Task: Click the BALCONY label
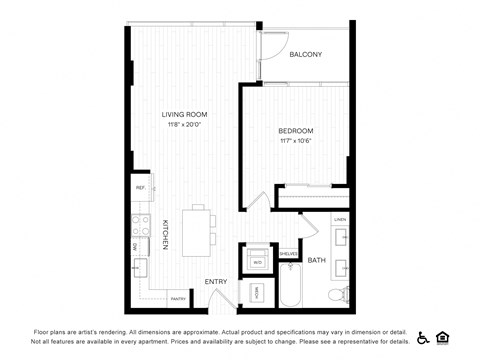click(305, 54)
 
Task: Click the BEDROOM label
click(296, 131)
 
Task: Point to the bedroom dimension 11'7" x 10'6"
click(296, 141)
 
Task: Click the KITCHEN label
click(166, 235)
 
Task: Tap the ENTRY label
click(215, 282)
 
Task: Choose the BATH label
click(316, 260)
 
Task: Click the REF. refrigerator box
click(140, 188)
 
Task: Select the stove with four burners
click(140, 225)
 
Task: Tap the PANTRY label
click(178, 298)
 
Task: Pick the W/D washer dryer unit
click(257, 260)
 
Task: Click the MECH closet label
click(256, 293)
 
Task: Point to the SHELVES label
click(288, 254)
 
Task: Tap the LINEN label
click(340, 219)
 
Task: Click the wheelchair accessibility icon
click(422, 337)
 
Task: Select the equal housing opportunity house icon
click(443, 337)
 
